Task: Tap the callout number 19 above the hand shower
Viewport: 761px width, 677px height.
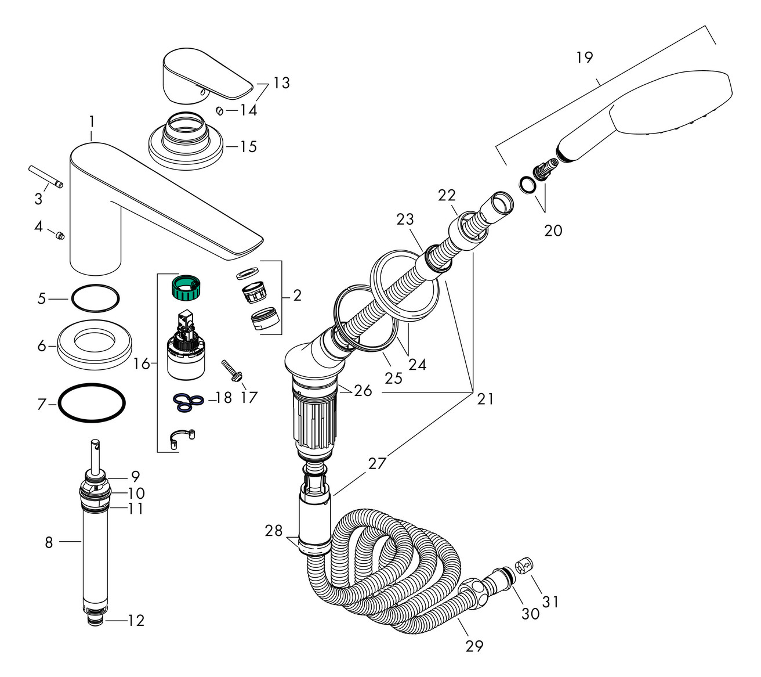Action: click(585, 57)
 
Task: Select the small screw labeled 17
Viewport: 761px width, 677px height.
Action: click(230, 370)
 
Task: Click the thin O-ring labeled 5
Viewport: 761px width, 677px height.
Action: click(96, 298)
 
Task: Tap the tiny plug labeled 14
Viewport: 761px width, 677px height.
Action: click(220, 110)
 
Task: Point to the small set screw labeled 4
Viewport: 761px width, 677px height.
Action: click(59, 235)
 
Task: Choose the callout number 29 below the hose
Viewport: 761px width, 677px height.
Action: click(474, 646)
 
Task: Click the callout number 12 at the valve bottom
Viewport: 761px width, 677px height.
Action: click(135, 621)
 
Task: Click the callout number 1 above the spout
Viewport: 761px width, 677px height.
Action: click(91, 121)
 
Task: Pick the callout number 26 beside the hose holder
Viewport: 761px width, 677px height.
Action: click(363, 390)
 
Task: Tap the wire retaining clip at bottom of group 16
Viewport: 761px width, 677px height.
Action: click(182, 438)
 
